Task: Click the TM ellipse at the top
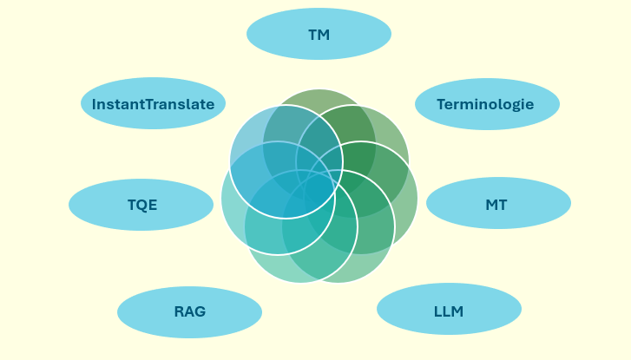tap(319, 34)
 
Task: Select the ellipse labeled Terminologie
tap(487, 104)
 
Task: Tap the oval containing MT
tap(498, 203)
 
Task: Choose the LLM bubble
tap(449, 309)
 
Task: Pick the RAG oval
tap(189, 312)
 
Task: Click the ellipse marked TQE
tap(141, 205)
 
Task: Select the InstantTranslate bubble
tap(153, 103)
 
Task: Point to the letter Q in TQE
tap(142, 205)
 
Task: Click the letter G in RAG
tap(200, 311)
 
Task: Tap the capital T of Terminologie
tap(442, 104)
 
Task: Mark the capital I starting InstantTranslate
tap(94, 104)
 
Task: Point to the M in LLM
tap(457, 311)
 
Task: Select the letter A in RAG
tap(189, 311)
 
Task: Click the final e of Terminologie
tap(529, 105)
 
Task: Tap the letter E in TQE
tap(153, 205)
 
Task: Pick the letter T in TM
tap(313, 35)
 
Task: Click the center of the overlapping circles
tap(319, 186)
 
